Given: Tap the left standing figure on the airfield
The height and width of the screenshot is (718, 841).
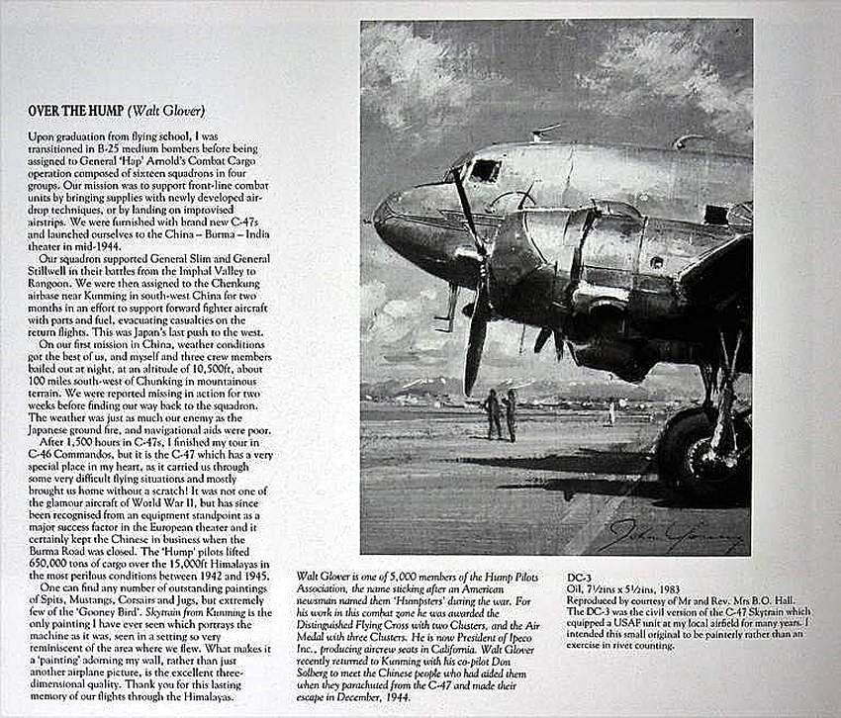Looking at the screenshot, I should coord(493,413).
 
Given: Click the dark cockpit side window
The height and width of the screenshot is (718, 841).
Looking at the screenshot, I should coord(484,170).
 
